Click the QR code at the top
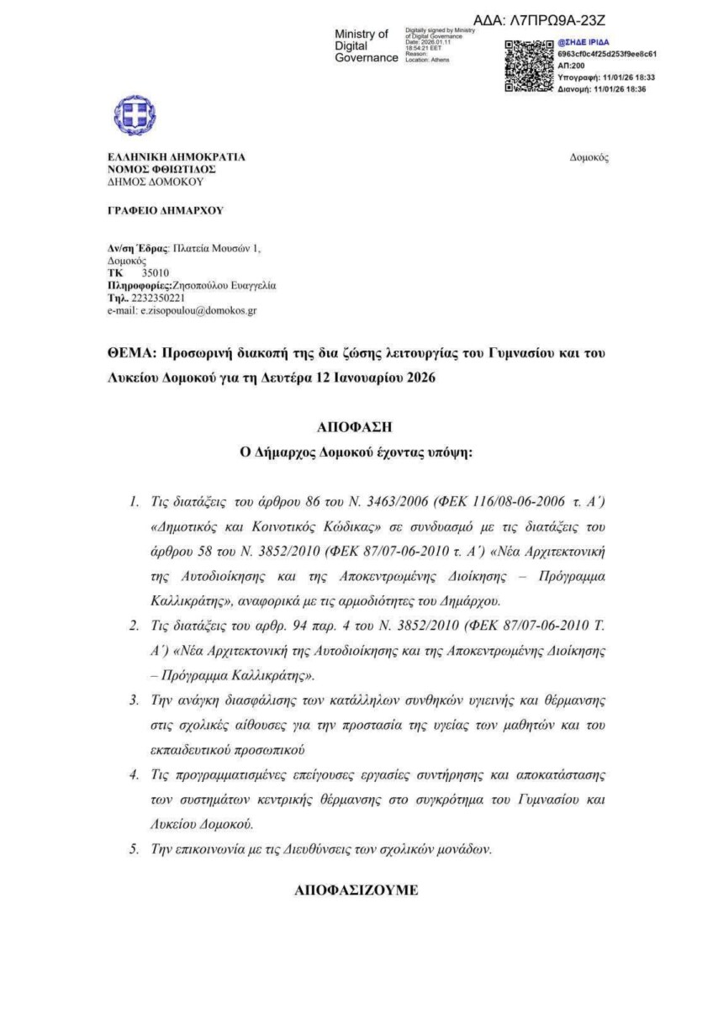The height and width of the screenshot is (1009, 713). coord(529,65)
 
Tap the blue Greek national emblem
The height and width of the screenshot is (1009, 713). coord(135,115)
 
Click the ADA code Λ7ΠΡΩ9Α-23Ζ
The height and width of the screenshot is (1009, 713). coord(540,19)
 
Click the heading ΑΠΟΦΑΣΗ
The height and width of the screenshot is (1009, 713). coord(356,426)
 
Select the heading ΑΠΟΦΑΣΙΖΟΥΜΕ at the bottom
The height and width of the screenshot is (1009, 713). coord(356,890)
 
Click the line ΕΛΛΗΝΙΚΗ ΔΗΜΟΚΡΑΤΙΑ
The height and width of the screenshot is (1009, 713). coord(176,157)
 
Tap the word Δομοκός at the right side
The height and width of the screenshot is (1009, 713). coord(589,157)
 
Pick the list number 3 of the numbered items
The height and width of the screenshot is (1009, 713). coord(134,700)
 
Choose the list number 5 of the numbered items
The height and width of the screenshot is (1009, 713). coord(134,849)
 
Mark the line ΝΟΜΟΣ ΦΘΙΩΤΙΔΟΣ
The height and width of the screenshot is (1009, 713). coord(156,169)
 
